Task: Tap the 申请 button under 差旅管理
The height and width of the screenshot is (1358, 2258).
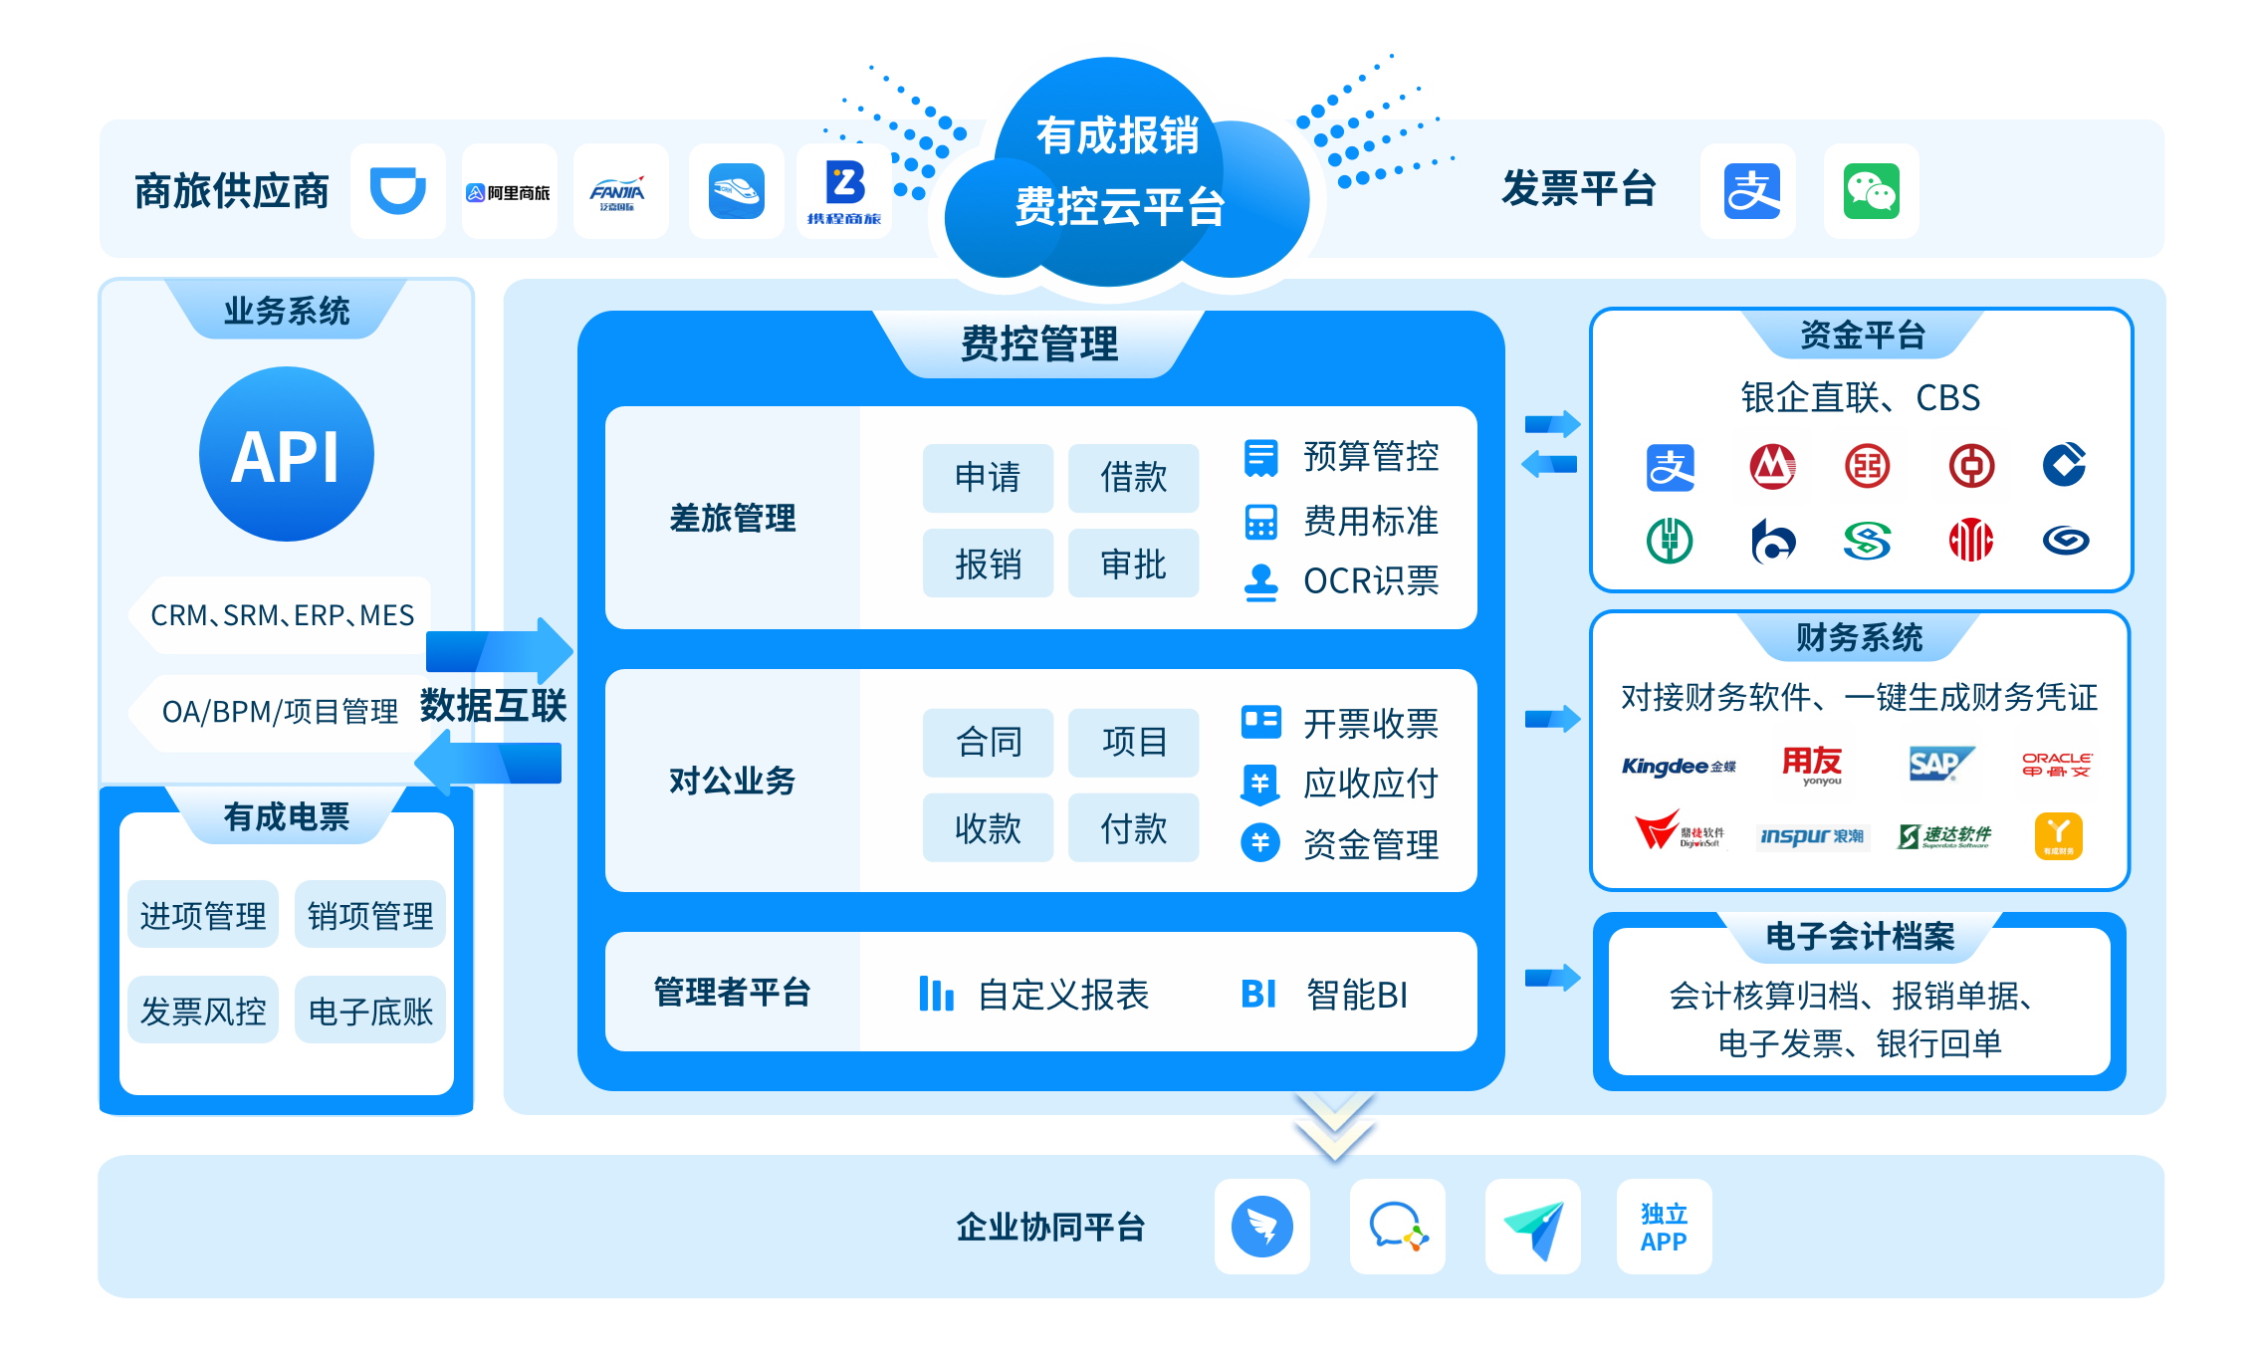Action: pos(987,478)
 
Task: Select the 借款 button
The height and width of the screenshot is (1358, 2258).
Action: pos(1133,478)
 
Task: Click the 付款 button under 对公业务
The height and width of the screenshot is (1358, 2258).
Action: pos(1133,828)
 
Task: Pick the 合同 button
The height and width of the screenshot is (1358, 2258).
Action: pos(987,743)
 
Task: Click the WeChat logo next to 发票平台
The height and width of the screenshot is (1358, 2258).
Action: pos(1870,191)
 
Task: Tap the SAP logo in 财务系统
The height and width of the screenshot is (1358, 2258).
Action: pos(1937,765)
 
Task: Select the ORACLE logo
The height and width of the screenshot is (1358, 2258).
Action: pos(2056,765)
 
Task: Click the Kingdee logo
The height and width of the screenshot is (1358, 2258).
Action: pos(1679,766)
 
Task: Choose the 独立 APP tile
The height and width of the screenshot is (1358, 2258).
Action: pos(1664,1227)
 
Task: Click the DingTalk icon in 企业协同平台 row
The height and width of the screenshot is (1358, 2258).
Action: pos(1261,1227)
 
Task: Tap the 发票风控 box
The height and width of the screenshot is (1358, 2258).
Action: pos(203,1011)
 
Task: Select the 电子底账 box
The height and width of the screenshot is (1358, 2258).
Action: pos(370,1011)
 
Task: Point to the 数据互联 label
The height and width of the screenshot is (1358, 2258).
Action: pos(493,706)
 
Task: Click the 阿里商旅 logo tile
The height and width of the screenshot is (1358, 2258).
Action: pos(509,192)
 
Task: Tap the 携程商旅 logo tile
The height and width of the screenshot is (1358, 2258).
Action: pos(843,192)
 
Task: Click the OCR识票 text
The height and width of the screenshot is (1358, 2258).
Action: pos(1370,581)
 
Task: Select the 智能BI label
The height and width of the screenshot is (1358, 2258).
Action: pos(1356,995)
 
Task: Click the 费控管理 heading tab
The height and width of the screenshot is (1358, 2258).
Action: pos(1038,344)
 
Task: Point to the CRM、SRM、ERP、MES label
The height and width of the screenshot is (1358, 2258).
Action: pos(282,615)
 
